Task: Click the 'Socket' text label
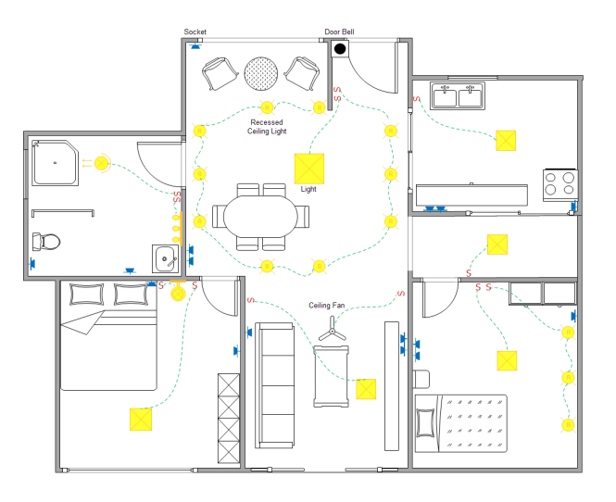[195, 32]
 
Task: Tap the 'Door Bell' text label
[339, 32]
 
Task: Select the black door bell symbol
[340, 49]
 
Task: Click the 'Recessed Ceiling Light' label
[267, 127]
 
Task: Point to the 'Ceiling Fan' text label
[327, 305]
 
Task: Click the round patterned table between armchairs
[260, 72]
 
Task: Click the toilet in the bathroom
[45, 242]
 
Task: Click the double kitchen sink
[458, 94]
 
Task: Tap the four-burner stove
[559, 182]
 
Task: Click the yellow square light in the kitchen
[506, 141]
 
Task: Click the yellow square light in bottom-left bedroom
[141, 419]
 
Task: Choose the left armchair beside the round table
[220, 72]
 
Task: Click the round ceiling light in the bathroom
[103, 164]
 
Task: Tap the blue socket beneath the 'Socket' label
[195, 46]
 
